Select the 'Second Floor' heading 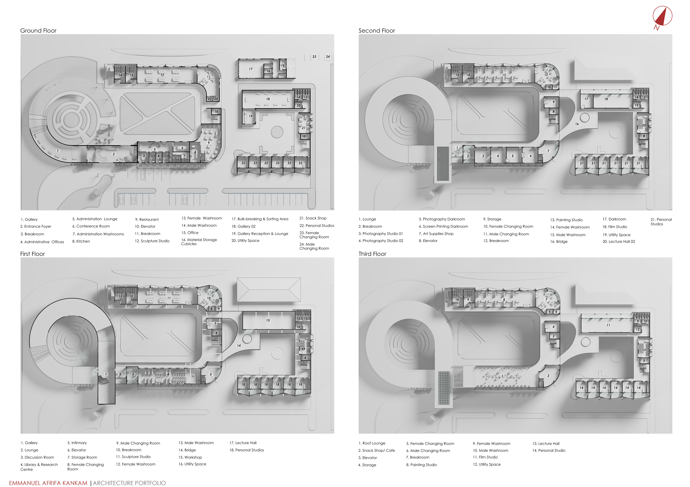(x=377, y=31)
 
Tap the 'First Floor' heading (x=33, y=254)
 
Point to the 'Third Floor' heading (x=372, y=254)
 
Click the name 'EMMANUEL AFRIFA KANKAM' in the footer (x=48, y=483)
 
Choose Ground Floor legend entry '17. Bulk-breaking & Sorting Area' (x=260, y=219)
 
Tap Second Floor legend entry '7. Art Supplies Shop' (x=436, y=234)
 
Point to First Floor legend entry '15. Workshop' (x=190, y=457)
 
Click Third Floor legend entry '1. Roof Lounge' (x=372, y=443)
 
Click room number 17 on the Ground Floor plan (x=251, y=69)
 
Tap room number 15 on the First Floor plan (x=268, y=321)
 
